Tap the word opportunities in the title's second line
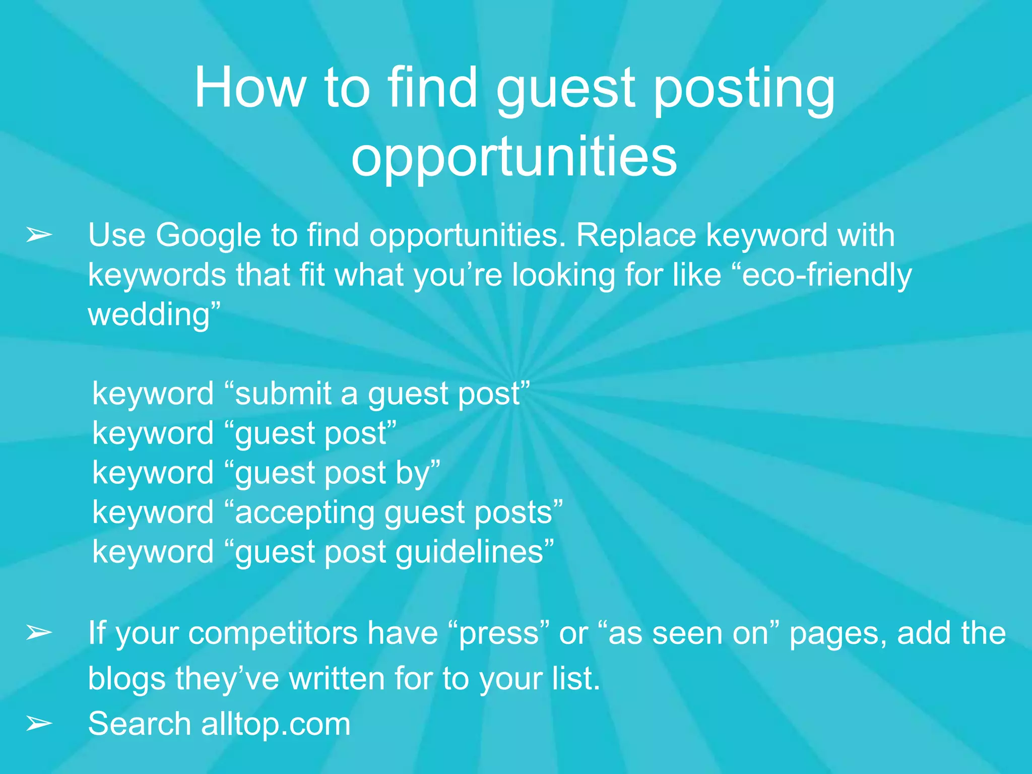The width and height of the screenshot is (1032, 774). [514, 157]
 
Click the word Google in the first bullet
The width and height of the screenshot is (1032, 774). [208, 235]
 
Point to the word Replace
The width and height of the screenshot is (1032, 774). [635, 235]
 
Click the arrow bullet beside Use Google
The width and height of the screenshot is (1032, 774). [39, 235]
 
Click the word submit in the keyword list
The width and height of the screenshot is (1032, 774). [283, 394]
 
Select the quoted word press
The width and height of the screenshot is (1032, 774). [499, 634]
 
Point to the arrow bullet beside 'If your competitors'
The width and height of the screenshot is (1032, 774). [39, 632]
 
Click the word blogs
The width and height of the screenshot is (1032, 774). [127, 679]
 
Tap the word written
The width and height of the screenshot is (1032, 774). [338, 679]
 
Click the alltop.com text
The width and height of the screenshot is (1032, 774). [276, 724]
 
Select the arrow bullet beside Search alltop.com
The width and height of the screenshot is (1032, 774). [39, 724]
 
